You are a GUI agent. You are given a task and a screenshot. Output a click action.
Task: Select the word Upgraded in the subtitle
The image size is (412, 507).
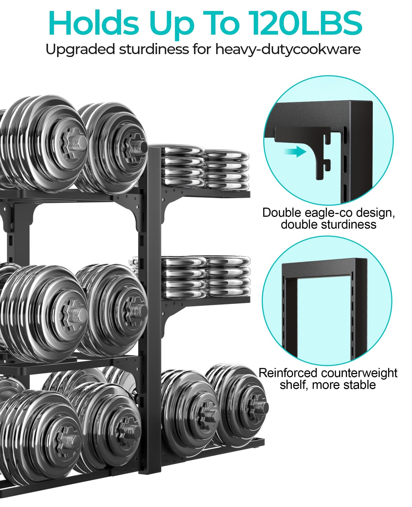81,50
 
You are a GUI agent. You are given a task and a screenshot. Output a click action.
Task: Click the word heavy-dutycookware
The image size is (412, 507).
288,50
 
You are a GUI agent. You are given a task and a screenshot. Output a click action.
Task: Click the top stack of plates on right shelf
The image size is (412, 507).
205,168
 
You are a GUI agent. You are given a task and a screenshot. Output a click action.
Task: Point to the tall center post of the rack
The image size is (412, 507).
150,285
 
